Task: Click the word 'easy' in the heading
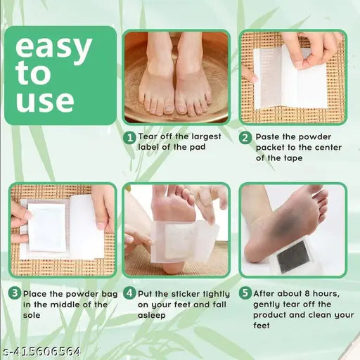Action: pyautogui.click(x=54, y=49)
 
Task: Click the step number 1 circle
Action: pyautogui.click(x=130, y=138)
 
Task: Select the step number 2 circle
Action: pyautogui.click(x=245, y=138)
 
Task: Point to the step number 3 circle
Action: pyautogui.click(x=14, y=292)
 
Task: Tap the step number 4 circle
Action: pyautogui.click(x=130, y=292)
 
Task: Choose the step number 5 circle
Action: pyautogui.click(x=245, y=292)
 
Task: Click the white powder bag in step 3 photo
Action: pyautogui.click(x=47, y=227)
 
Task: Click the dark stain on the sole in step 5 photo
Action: pyautogui.click(x=280, y=226)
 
